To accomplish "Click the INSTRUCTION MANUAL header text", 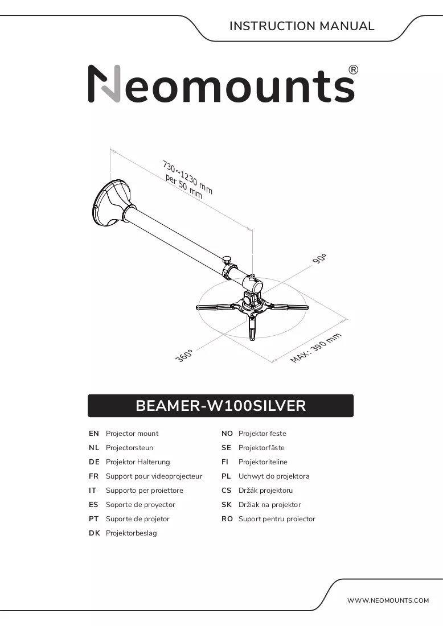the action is click(302, 26).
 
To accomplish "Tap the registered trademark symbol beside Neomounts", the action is click(354, 70).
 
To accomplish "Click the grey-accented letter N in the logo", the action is click(104, 84).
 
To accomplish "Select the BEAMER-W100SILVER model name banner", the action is click(220, 406).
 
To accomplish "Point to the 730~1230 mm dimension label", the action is click(187, 177).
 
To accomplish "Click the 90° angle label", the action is click(319, 258).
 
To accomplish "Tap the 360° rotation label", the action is click(184, 355).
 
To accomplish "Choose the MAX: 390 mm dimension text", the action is click(316, 348).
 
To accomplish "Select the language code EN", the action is click(94, 434).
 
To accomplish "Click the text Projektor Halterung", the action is click(138, 462).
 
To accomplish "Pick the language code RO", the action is click(227, 519).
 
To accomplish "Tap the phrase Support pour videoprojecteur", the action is click(154, 476).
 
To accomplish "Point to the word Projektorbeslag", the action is click(132, 533).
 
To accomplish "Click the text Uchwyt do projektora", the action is click(274, 476).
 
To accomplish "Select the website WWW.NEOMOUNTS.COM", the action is click(388, 600).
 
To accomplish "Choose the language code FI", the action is click(225, 462).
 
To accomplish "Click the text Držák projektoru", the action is click(266, 490).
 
